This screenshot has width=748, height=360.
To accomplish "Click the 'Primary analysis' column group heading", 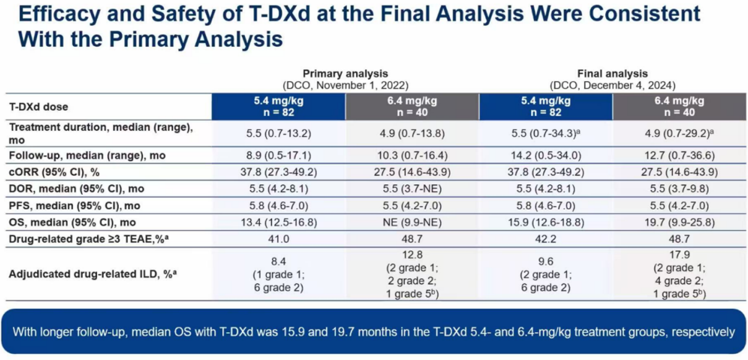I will point(345,74).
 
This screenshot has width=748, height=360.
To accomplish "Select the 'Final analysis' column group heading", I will point(613,74).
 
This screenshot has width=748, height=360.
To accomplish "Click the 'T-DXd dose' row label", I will point(38,106).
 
